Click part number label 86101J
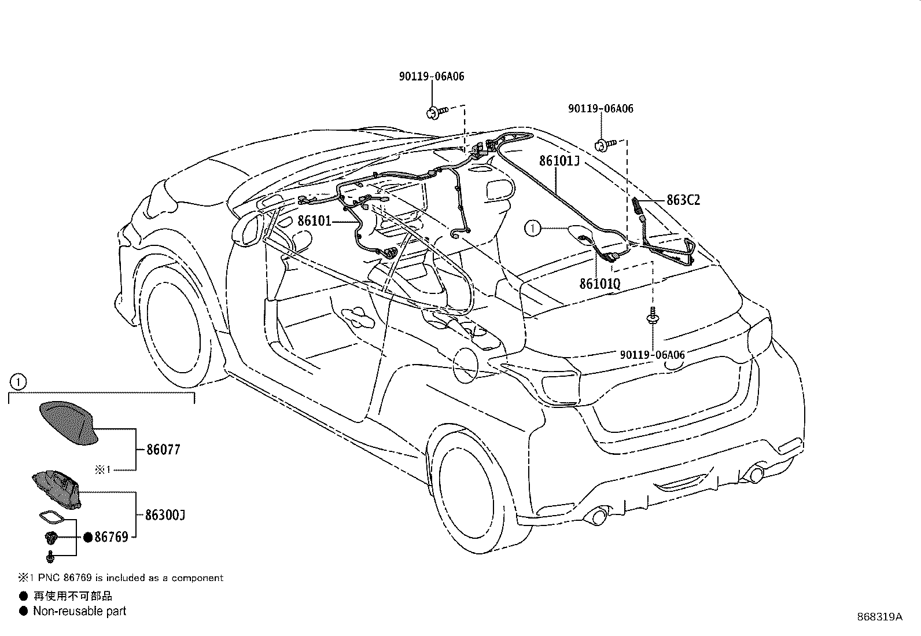[x=559, y=160]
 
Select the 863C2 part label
[x=683, y=200]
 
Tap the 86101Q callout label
[x=599, y=284]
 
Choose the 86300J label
[x=165, y=515]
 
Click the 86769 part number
[x=111, y=538]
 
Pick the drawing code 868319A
[x=879, y=617]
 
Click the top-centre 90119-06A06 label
[x=432, y=76]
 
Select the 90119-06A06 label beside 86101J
[x=601, y=109]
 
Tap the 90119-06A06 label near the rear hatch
[x=652, y=355]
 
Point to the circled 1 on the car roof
[x=532, y=229]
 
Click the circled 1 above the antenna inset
[x=19, y=382]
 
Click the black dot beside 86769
[x=88, y=538]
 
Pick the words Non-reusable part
[x=79, y=611]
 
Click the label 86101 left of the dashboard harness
[x=314, y=220]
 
